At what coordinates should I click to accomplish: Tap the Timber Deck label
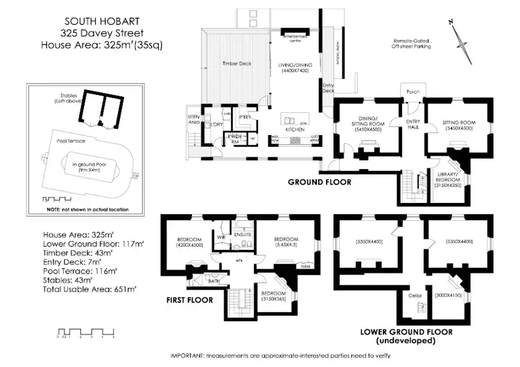pos(236,64)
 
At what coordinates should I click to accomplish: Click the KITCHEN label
pos(295,129)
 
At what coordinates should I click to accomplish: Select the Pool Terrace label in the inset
pos(63,140)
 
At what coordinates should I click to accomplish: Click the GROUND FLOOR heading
pos(320,183)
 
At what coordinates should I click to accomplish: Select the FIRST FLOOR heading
pos(190,301)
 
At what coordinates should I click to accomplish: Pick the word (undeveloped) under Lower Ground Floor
pos(406,342)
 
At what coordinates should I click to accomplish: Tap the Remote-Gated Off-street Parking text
pos(411,44)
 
